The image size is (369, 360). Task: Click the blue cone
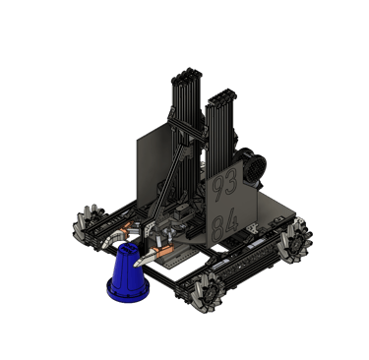128,272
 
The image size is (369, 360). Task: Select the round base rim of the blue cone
128,292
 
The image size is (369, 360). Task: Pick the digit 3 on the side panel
231,182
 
